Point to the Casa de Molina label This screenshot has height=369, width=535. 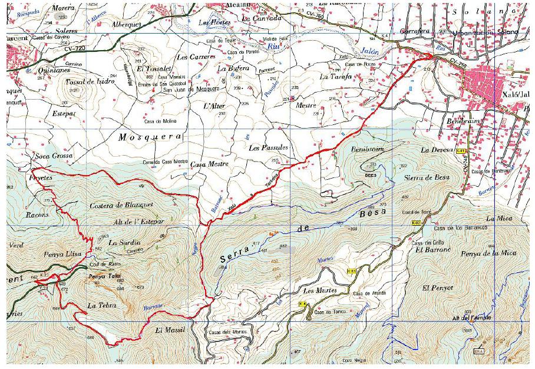click(x=157, y=121)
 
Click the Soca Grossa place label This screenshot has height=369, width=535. click(x=54, y=156)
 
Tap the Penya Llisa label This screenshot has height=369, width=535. click(x=48, y=252)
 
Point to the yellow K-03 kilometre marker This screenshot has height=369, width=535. click(x=352, y=271)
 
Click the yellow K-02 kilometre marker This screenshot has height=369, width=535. click(x=416, y=223)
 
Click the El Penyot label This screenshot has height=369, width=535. click(x=438, y=288)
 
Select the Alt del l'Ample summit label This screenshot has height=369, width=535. click(x=471, y=318)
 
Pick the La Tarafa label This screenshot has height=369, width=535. click(x=335, y=77)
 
